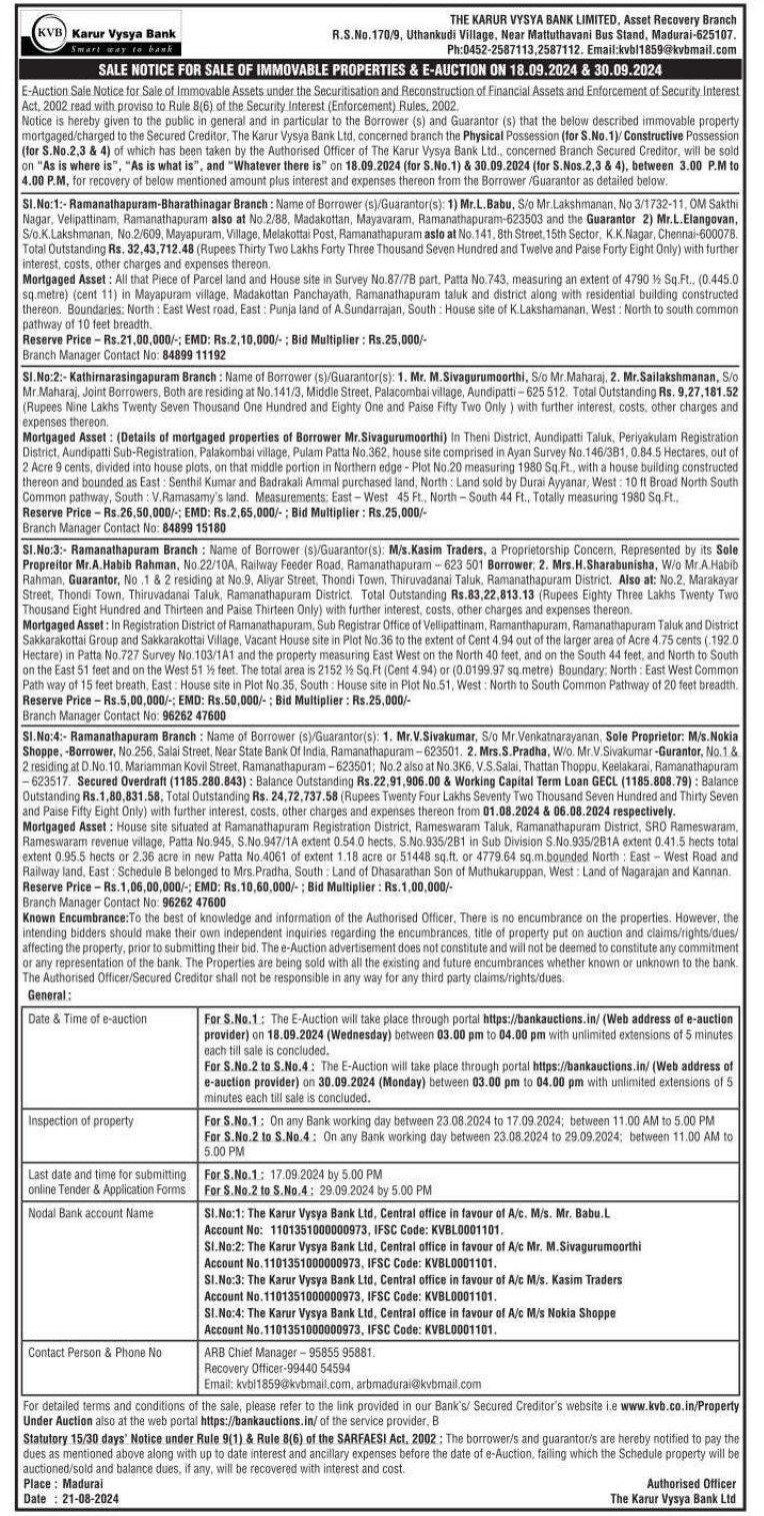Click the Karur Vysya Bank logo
point(101,33)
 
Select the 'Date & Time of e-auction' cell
point(87,1018)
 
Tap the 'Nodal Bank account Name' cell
point(91,1212)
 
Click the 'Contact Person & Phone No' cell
point(95,1352)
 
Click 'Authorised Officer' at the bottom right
point(691,1484)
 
